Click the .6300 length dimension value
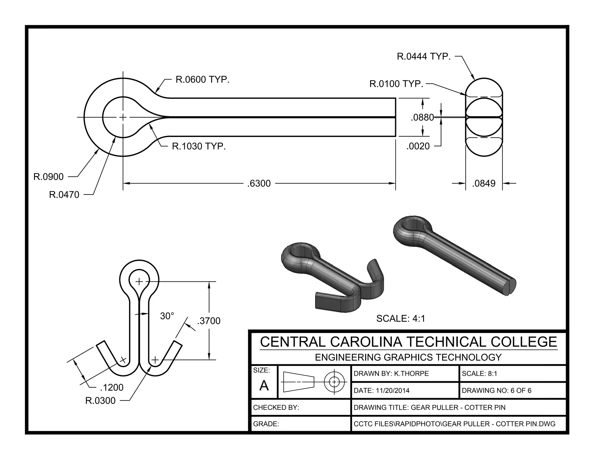tap(259, 183)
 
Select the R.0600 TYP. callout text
tap(202, 79)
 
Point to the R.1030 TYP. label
tap(199, 146)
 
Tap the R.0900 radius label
tap(49, 176)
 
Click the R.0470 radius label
tap(64, 195)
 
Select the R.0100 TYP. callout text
tap(396, 84)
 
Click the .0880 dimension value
tap(422, 117)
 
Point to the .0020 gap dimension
tap(418, 146)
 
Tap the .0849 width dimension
tap(484, 183)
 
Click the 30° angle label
tap(167, 316)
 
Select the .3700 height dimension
tap(209, 321)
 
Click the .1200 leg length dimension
tap(112, 387)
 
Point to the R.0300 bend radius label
tap(100, 401)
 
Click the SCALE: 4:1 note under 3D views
tap(401, 319)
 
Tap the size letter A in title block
tap(264, 386)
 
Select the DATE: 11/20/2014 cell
tap(381, 391)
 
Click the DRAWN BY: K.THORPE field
tap(391, 374)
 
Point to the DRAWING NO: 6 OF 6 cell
tap(496, 391)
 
